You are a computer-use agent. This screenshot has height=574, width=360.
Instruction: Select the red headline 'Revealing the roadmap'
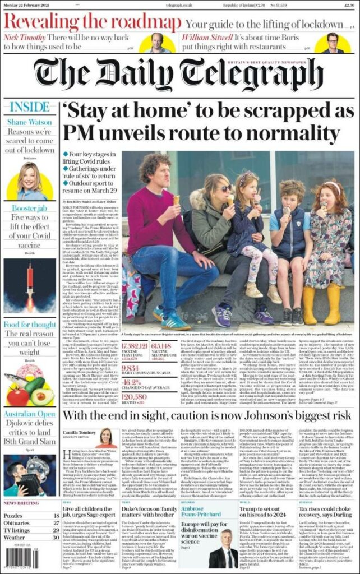point(92,22)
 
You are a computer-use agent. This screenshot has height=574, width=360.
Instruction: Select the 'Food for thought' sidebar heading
point(30,325)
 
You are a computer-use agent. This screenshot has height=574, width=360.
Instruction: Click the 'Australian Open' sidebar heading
point(30,414)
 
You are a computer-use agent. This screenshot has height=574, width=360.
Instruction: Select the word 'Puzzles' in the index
point(13,515)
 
